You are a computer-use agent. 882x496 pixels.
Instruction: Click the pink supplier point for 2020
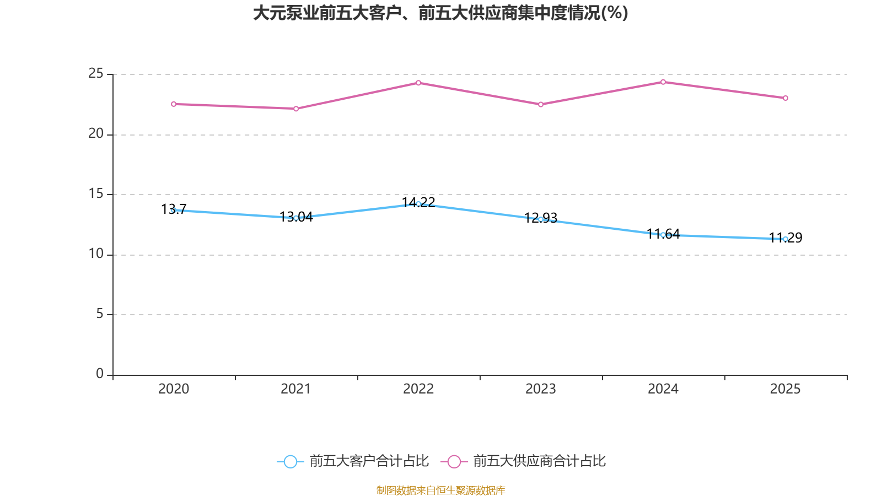click(x=174, y=104)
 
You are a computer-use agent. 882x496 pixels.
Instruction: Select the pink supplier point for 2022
click(x=418, y=83)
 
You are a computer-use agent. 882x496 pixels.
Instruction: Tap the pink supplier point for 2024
click(x=663, y=82)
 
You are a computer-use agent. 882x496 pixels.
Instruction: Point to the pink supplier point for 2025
click(x=786, y=98)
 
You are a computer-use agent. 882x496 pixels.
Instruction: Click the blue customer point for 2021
click(x=296, y=218)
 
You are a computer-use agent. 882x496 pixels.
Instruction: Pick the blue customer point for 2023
click(x=541, y=219)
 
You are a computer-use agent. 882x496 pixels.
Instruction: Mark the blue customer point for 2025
click(x=786, y=239)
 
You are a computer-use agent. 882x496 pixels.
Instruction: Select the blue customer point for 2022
click(x=418, y=204)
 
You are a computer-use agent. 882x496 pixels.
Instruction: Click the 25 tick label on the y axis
click(x=96, y=73)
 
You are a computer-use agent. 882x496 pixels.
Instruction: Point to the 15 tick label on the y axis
click(x=96, y=193)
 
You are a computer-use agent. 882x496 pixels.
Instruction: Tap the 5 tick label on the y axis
click(x=100, y=314)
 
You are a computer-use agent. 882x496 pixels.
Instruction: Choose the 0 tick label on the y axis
click(x=100, y=374)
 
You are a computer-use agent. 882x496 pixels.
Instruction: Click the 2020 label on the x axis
click(x=174, y=389)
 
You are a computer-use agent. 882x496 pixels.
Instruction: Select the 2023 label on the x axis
click(x=541, y=389)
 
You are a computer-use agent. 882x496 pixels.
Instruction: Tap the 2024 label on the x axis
click(x=663, y=389)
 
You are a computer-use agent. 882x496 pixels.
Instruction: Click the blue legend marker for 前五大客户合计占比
click(x=290, y=461)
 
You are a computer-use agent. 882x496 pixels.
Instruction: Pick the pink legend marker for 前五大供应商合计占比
click(x=454, y=461)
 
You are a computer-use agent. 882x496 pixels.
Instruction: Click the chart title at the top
click(x=440, y=13)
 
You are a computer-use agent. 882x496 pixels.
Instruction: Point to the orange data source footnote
click(x=440, y=490)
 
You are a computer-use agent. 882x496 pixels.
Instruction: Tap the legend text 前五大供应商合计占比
click(x=539, y=461)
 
